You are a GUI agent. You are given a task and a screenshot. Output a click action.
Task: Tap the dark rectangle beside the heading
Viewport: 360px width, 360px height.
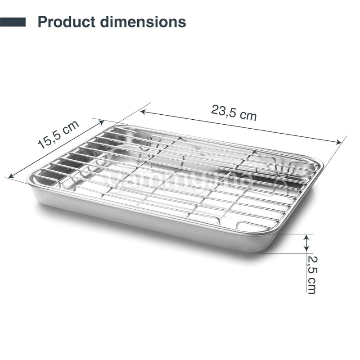pos(13,22)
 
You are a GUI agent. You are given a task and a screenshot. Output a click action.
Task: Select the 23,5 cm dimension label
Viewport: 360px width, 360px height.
pos(234,112)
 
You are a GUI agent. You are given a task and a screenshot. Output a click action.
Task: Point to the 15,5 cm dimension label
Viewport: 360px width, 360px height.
pos(58,135)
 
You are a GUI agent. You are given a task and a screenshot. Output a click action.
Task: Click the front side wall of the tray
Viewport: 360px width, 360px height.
pos(148,220)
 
